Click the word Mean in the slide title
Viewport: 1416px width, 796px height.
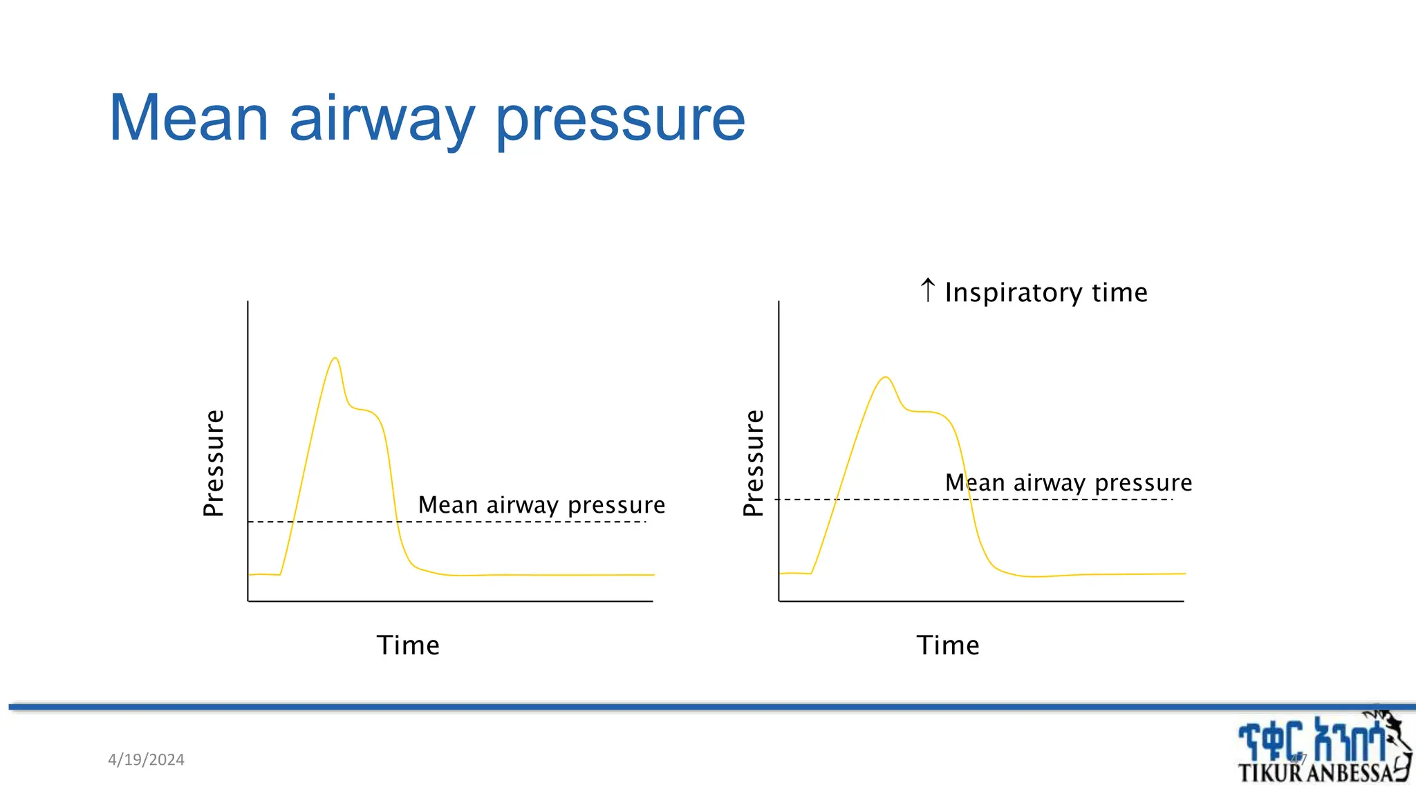(188, 119)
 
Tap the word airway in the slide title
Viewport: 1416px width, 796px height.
(382, 119)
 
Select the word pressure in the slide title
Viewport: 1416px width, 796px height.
(620, 119)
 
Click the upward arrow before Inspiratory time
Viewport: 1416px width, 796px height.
(928, 290)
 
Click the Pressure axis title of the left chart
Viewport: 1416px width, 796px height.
(214, 463)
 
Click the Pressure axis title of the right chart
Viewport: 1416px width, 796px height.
(753, 463)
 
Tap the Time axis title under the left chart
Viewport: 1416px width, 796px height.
(408, 645)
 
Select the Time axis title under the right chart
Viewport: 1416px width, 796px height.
(948, 645)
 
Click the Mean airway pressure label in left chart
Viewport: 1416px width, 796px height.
(541, 505)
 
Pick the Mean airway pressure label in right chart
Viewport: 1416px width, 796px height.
(1068, 482)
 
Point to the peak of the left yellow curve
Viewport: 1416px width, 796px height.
(335, 358)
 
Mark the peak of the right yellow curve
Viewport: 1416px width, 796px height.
(886, 377)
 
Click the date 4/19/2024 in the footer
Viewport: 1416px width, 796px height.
(146, 759)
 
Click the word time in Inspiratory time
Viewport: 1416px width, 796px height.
(1119, 293)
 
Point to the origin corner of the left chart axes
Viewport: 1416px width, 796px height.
(248, 601)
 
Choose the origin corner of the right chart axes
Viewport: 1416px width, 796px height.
(779, 601)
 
